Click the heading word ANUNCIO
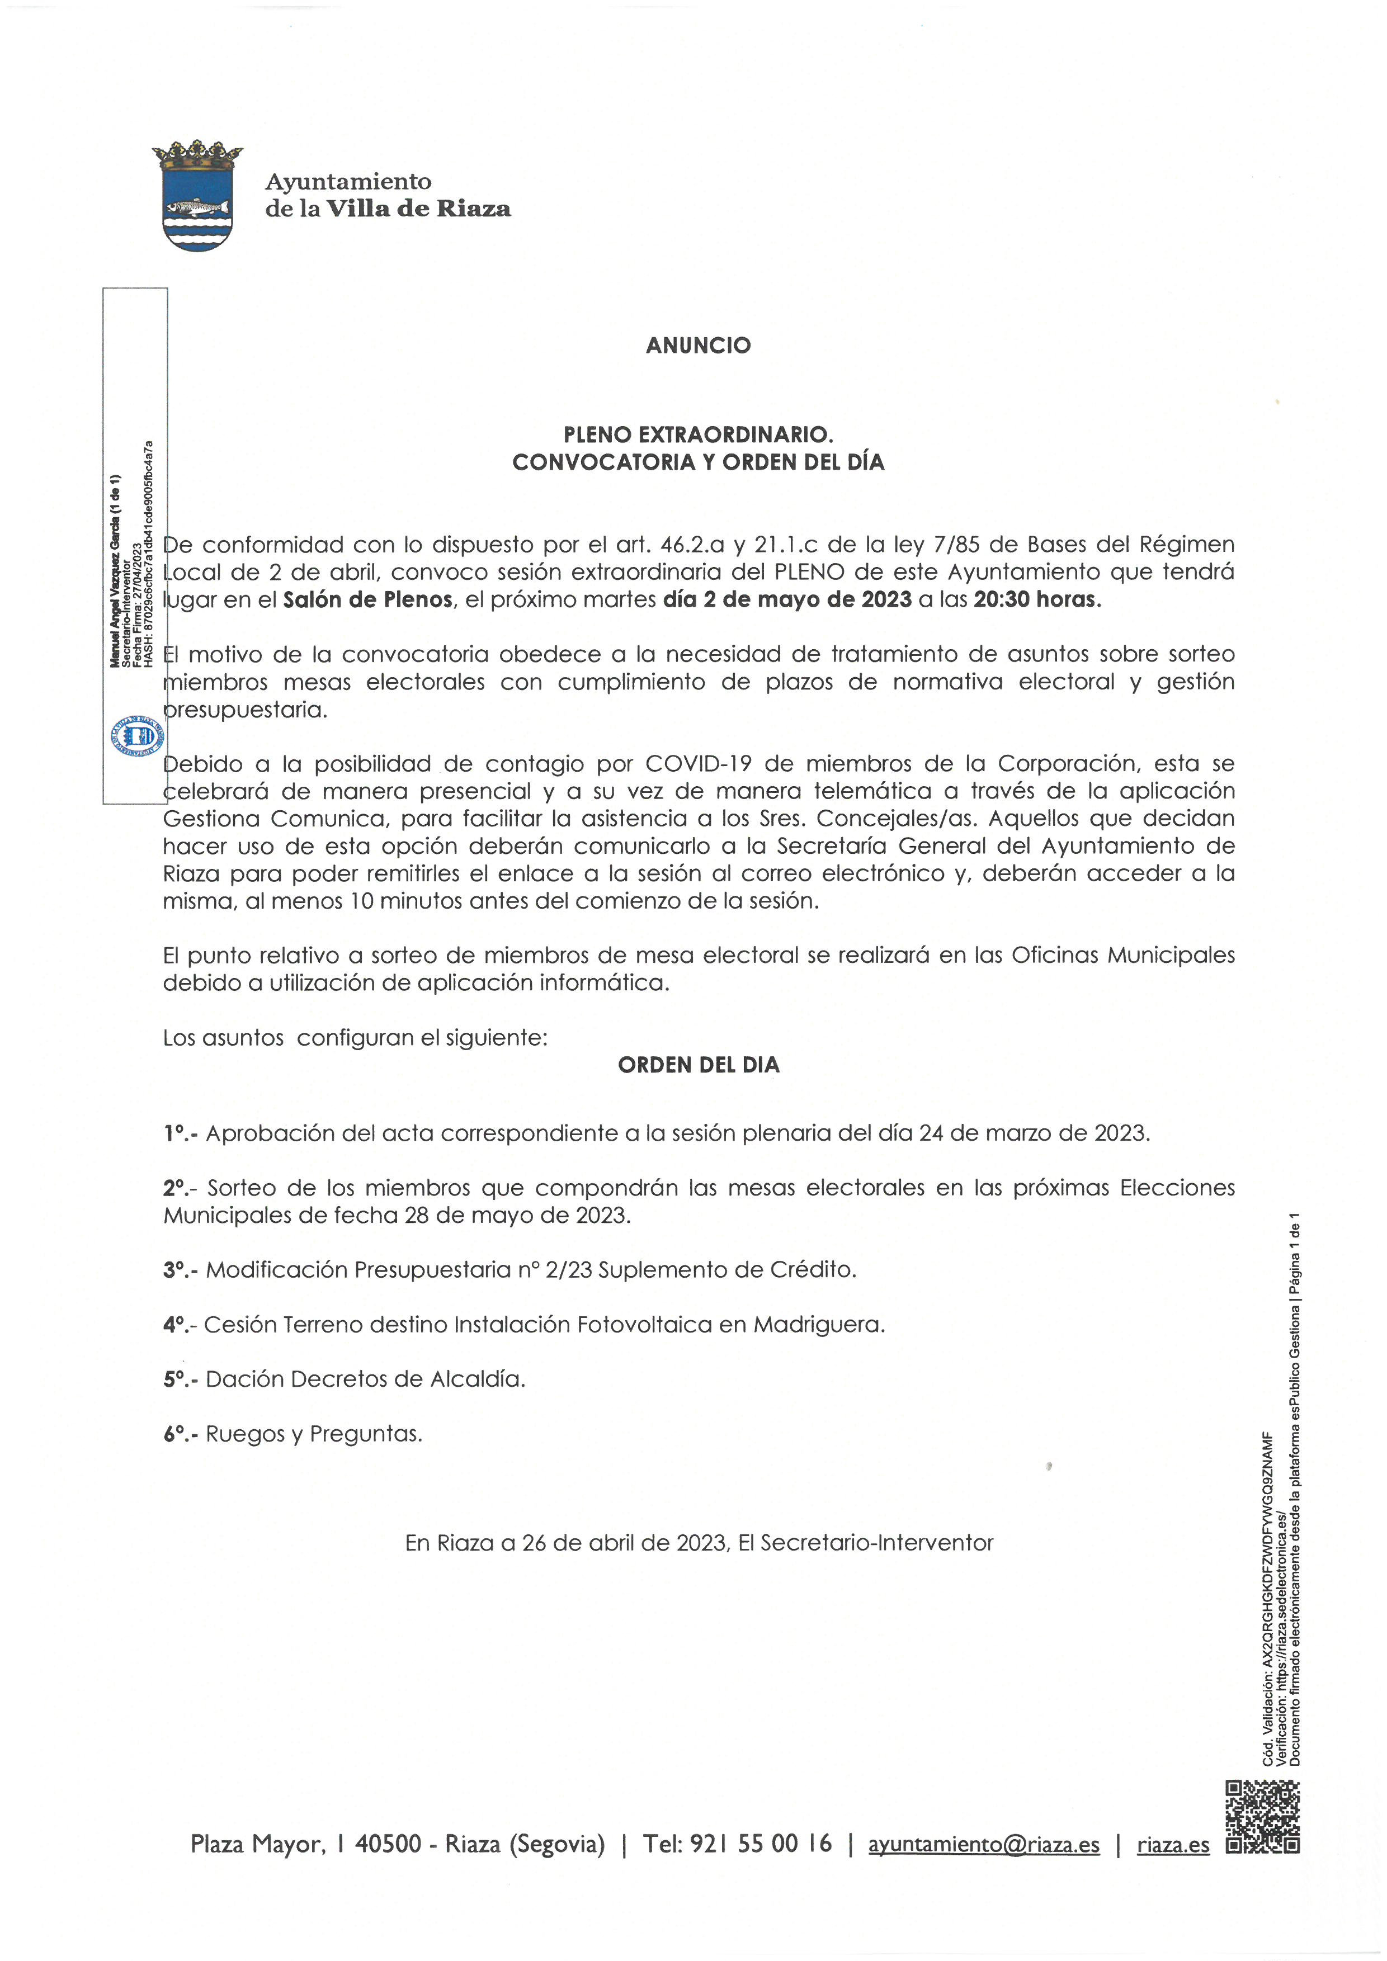coord(698,345)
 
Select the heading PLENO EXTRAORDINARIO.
coord(698,434)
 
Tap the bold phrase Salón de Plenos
coord(367,599)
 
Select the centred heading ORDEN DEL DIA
coord(698,1065)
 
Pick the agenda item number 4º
coord(177,1325)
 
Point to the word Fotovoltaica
coord(641,1325)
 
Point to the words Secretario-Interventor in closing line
coord(876,1543)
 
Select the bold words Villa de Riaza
coord(418,209)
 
